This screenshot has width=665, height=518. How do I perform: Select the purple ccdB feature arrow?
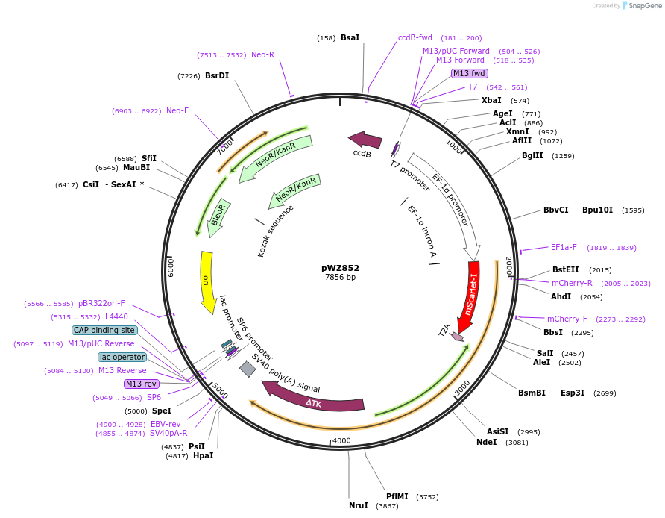click(365, 140)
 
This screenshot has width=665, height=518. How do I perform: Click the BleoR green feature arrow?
click(218, 218)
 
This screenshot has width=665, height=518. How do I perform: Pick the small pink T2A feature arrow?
click(457, 337)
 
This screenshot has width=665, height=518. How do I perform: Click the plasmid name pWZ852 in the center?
click(340, 268)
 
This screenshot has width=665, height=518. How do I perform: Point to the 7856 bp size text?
click(340, 278)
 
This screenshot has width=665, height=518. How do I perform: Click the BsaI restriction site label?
click(350, 37)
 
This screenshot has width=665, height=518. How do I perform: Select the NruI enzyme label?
click(359, 505)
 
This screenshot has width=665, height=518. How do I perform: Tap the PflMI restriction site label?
click(397, 496)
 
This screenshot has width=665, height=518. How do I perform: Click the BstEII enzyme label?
click(565, 269)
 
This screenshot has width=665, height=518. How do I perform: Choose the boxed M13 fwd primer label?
click(470, 73)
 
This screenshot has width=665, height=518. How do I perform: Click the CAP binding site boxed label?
click(104, 330)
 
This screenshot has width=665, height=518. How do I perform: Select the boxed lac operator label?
click(122, 357)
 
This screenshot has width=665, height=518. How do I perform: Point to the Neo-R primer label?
click(262, 54)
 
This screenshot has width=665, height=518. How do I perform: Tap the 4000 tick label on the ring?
click(341, 440)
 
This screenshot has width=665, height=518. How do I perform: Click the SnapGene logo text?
click(643, 5)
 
